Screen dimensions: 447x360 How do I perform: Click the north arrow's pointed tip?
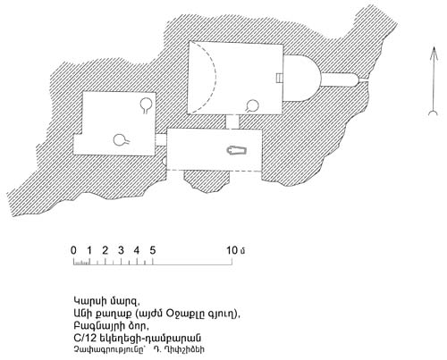pos(434,46)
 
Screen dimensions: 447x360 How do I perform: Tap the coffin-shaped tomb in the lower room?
pos(237,150)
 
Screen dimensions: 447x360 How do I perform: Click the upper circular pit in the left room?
pos(146,105)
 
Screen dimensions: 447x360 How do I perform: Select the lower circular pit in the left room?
pos(120,140)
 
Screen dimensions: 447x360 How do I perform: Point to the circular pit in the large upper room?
pos(253,105)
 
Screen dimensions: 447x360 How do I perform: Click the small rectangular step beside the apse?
pos(279,78)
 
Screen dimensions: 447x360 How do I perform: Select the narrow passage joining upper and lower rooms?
pos(232,121)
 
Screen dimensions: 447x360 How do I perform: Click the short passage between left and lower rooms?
pos(161,140)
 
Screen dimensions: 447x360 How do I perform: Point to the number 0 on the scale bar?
pos(73,250)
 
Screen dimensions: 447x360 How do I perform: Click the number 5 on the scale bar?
pos(153,250)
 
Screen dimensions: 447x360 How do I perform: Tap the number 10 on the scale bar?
pos(232,250)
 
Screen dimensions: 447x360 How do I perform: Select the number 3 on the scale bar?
pos(121,250)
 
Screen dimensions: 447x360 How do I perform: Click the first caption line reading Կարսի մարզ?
pos(106,301)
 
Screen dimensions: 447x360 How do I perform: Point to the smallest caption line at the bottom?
pos(139,349)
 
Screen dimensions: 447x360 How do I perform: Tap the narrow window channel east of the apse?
pos(340,80)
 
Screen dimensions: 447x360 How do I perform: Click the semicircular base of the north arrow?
pos(434,113)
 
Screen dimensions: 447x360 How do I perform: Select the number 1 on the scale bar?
pos(89,250)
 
